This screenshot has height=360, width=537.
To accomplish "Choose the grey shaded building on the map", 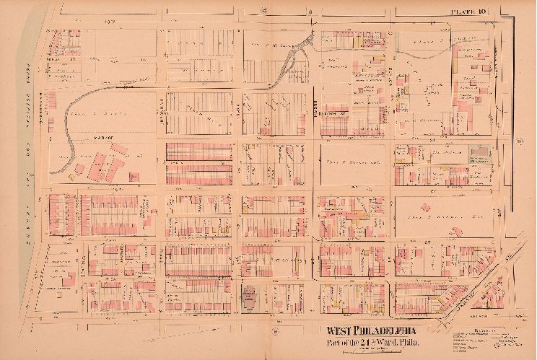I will coord(477,152).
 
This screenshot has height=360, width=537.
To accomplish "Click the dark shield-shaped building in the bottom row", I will coord(250,297).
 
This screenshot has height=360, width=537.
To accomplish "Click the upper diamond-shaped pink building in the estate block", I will coord(456,232).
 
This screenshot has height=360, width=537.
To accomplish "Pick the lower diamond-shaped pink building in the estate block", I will coord(441,245).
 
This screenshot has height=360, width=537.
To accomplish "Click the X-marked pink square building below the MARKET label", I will coord(133,175).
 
